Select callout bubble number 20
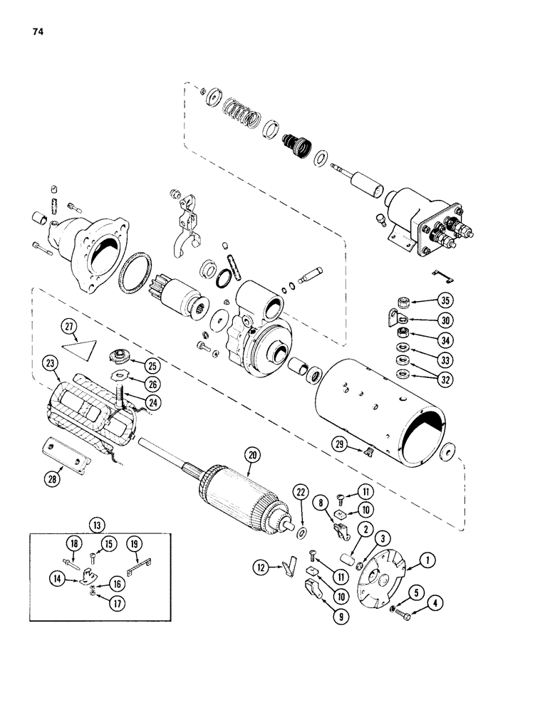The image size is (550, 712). [x=251, y=454]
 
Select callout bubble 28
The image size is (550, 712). [x=53, y=478]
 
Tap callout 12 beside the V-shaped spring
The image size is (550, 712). [x=261, y=567]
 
